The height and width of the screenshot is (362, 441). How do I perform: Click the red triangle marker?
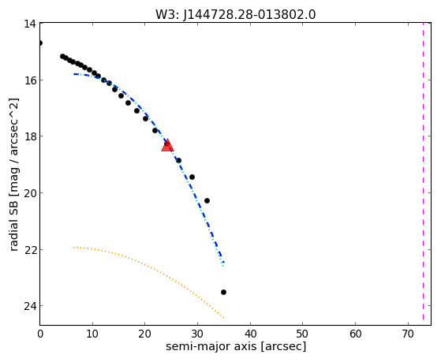tap(167, 145)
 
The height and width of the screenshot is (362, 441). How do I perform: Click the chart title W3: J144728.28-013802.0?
tap(236, 15)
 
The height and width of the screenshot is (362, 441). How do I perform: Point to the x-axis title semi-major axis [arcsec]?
tap(236, 346)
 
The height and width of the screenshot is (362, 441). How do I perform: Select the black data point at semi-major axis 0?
tap(40, 43)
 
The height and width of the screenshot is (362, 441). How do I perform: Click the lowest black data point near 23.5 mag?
tap(223, 293)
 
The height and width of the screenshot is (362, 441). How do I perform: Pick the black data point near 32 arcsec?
tap(207, 200)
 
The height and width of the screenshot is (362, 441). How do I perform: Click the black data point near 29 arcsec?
tap(192, 177)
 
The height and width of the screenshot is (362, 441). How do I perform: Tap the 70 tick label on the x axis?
tap(408, 334)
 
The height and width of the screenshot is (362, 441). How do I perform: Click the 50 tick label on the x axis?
tap(303, 334)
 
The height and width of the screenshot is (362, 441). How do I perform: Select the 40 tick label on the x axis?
tap(250, 334)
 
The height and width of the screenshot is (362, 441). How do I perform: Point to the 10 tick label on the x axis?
tap(92, 334)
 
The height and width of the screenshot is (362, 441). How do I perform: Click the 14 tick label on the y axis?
tap(29, 24)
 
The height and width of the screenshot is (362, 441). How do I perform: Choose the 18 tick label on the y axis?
tap(29, 136)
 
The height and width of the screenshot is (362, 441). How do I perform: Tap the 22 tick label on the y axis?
tap(29, 249)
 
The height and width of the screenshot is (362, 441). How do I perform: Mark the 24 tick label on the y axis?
tap(29, 306)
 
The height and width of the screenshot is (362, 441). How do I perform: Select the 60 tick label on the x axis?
tap(355, 334)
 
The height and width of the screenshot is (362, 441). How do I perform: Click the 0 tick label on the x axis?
tap(40, 334)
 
